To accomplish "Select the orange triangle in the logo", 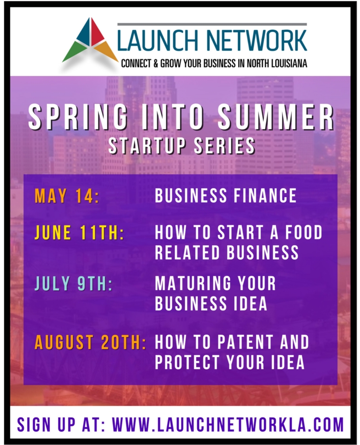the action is tap(108, 51).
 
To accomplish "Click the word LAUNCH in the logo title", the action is tap(158, 40).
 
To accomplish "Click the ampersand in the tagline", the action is tap(156, 63).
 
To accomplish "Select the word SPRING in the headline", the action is tap(78, 116).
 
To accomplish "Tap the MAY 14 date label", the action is tap(67, 196).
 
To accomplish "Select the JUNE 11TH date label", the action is tap(79, 233).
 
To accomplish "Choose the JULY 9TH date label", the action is tap(74, 283).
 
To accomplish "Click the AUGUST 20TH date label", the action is tap(90, 342).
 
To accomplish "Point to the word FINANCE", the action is tap(265, 195).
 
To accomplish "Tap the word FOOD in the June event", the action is tap(304, 232).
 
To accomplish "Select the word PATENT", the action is tap(245, 342).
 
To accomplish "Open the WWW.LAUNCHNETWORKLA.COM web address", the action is tap(228, 425).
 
